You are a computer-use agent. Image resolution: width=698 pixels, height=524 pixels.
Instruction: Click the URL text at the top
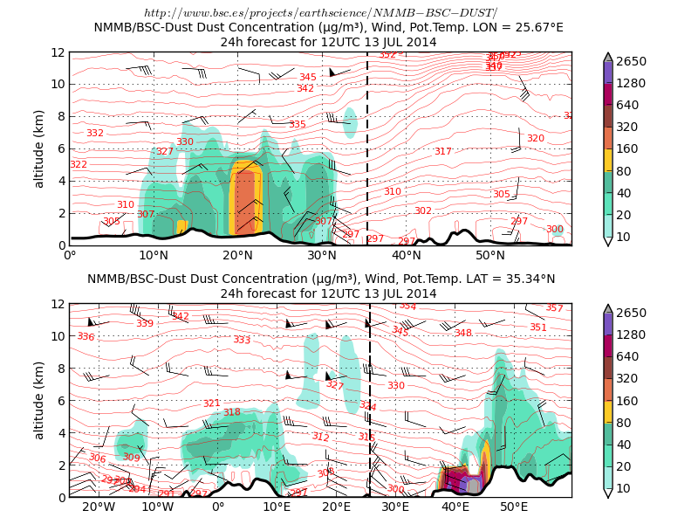click(x=321, y=13)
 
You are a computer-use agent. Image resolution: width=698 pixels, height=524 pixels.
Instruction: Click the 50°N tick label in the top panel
click(x=490, y=256)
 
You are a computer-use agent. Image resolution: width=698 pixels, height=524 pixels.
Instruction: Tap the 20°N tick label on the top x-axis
click(x=237, y=256)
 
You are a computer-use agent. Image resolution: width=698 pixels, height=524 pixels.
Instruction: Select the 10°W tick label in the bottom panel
click(x=158, y=507)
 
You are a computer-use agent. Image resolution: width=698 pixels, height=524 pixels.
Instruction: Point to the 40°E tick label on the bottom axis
click(x=455, y=507)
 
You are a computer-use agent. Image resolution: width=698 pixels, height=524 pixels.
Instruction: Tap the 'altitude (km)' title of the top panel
click(x=39, y=148)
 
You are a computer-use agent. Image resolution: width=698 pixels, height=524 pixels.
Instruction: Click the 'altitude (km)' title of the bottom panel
click(x=39, y=400)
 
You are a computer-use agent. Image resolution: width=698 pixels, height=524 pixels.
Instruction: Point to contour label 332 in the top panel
click(x=95, y=134)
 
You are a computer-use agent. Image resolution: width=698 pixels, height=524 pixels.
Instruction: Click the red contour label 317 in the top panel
click(x=443, y=152)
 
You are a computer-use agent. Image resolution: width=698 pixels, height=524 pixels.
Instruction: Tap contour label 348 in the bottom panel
click(x=462, y=334)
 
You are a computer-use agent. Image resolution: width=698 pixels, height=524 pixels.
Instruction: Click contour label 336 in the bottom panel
click(x=86, y=337)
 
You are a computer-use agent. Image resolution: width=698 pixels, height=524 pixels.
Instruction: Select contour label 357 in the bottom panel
click(x=554, y=308)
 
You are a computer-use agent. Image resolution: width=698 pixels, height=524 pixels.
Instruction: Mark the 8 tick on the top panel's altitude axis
click(x=60, y=116)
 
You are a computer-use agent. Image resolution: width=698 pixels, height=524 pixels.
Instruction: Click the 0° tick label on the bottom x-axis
click(x=218, y=507)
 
